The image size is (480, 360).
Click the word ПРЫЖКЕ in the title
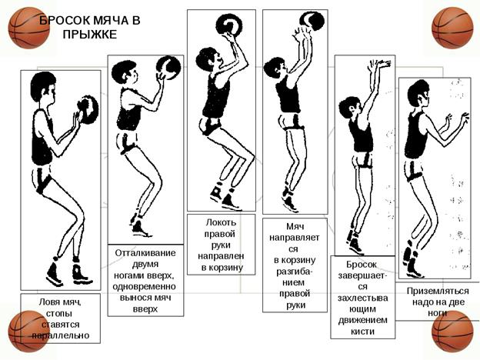point(90,34)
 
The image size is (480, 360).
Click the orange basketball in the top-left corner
point(28,28)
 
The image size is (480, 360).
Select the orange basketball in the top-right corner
point(452,28)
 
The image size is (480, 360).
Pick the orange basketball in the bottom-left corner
point(28,332)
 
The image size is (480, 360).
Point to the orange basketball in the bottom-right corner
point(452,332)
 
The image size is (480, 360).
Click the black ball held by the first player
point(88,109)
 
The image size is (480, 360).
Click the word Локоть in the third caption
point(221,222)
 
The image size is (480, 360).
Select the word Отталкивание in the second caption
point(145,253)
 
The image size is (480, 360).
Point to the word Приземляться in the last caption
point(438,291)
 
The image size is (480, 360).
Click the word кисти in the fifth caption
point(362,332)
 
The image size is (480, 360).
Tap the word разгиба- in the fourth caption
point(295,272)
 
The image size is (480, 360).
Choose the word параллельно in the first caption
point(61,335)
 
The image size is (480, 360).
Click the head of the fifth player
point(350,107)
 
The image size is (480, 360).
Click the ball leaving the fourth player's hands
point(312,21)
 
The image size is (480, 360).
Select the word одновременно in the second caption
point(144,287)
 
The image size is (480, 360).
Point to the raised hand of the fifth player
point(379,65)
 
